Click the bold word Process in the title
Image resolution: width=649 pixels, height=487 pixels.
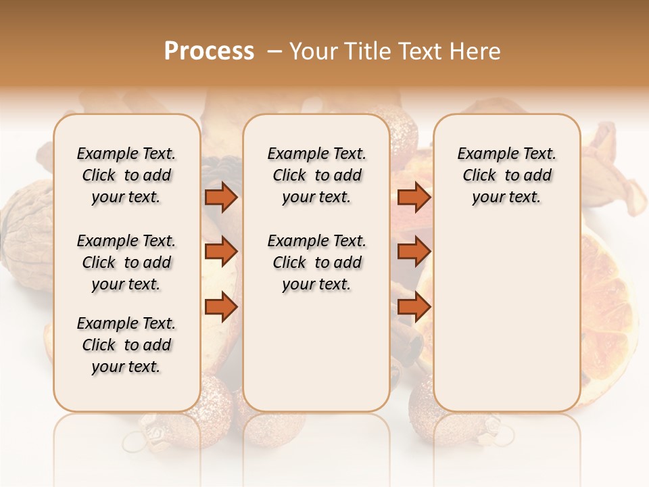coord(209,51)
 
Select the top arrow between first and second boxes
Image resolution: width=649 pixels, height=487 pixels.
coord(220,198)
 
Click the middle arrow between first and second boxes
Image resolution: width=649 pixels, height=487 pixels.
coord(220,252)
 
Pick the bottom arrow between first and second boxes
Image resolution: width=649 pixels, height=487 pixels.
coord(220,307)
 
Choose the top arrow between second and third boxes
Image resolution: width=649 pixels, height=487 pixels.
coord(414,198)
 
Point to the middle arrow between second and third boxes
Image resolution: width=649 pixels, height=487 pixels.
coord(414,252)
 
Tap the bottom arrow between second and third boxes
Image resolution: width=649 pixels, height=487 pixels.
coord(414,307)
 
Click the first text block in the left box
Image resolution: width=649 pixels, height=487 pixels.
coord(126,175)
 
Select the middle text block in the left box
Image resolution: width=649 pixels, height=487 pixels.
coord(126,262)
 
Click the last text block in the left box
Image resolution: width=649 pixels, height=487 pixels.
coord(126,345)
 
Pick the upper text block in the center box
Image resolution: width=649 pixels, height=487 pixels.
coord(316,175)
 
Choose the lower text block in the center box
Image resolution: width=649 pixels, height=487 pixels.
coord(316,262)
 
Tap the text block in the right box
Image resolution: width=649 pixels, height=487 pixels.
coord(507,175)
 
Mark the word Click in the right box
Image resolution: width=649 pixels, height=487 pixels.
coord(479,176)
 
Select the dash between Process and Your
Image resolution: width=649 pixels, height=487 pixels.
coord(274,51)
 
